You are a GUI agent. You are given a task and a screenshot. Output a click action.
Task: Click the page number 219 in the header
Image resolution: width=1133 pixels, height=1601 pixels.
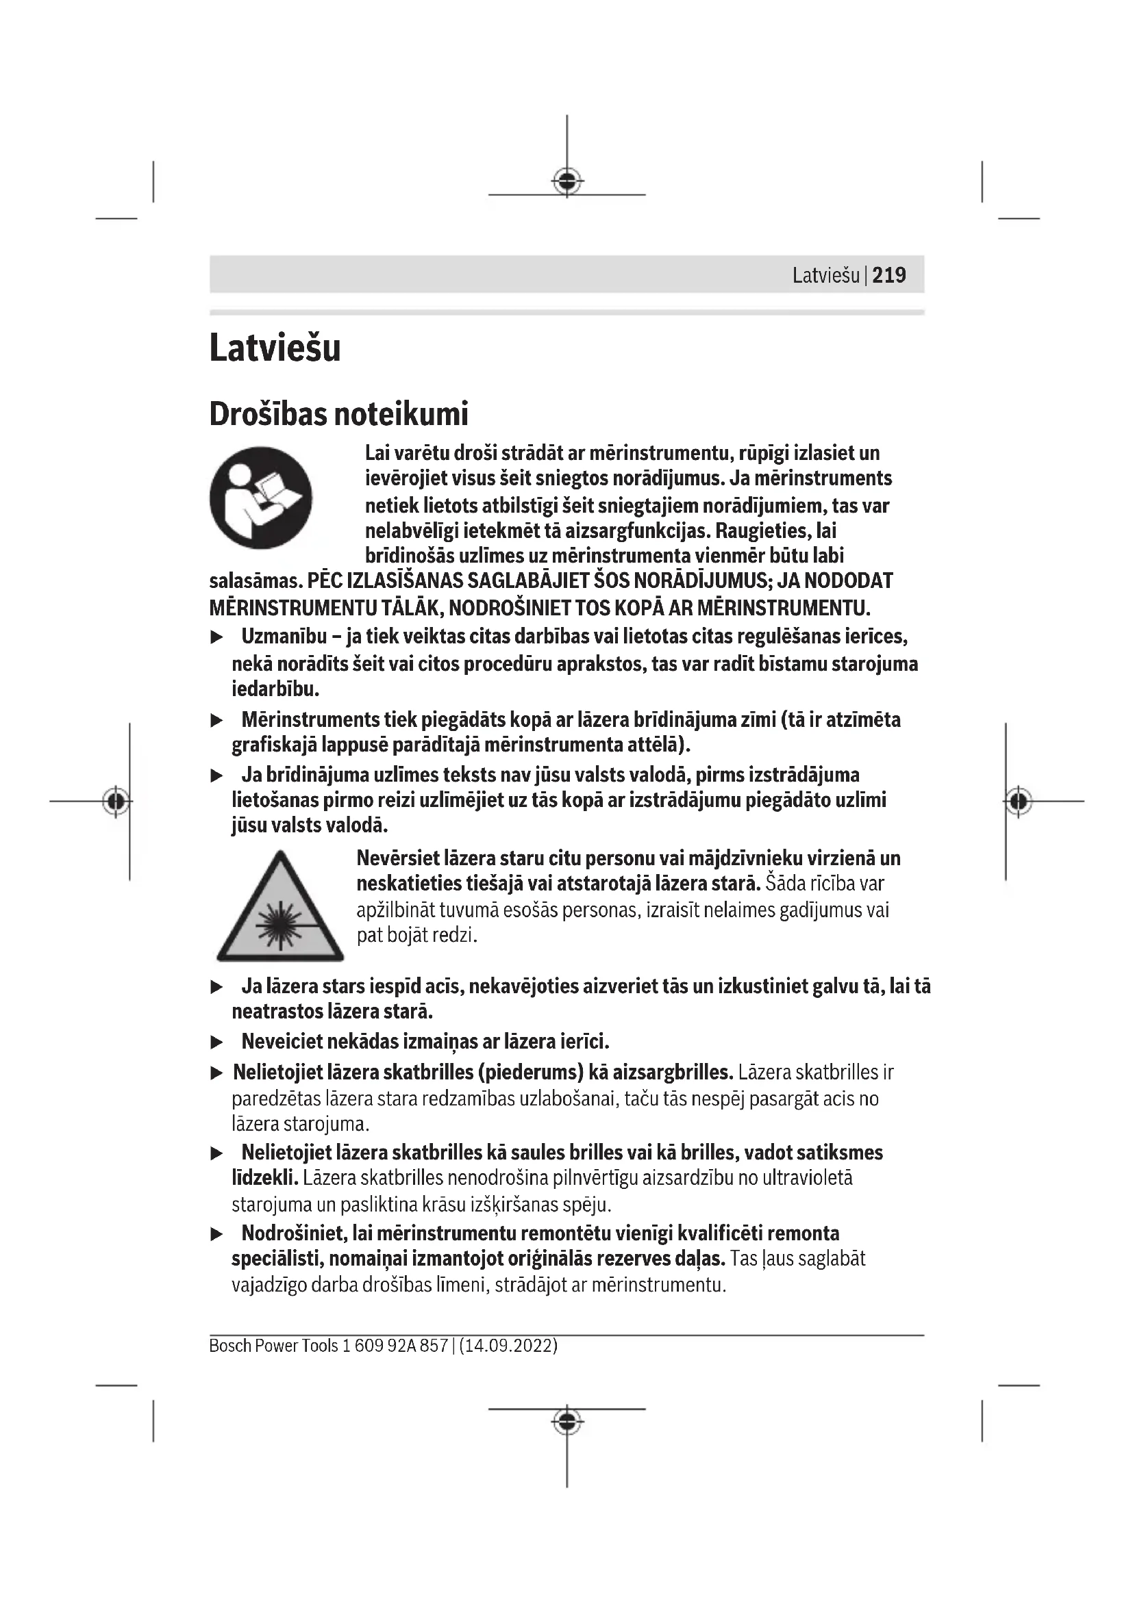tap(888, 275)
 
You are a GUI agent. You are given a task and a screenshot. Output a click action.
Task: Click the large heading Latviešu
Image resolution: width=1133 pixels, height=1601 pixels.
tap(275, 348)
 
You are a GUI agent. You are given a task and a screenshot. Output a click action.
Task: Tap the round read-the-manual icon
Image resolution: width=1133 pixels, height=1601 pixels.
tap(260, 498)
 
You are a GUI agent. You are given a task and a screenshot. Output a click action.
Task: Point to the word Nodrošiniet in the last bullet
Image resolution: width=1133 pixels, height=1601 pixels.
tap(294, 1233)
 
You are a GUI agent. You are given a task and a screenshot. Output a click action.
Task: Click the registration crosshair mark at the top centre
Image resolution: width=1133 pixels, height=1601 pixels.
tap(567, 181)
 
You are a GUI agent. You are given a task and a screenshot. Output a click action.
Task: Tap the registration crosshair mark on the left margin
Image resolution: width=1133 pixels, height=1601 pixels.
tap(116, 802)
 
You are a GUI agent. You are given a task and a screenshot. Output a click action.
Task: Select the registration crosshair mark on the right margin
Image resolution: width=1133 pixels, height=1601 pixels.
tap(1018, 802)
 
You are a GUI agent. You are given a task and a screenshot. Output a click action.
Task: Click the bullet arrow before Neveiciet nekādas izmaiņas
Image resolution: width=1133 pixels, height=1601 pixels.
tap(217, 1042)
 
